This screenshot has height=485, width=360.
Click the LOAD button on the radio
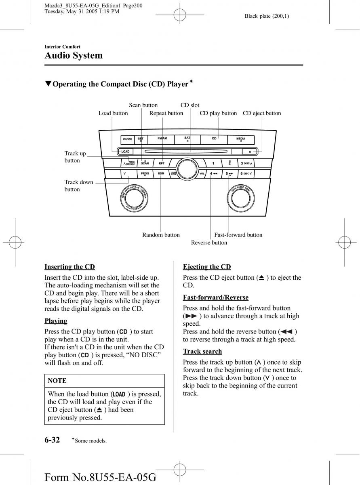pyautogui.click(x=125, y=152)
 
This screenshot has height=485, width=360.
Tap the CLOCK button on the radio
pyautogui.click(x=127, y=139)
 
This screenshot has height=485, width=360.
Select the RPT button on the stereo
pyautogui.click(x=162, y=163)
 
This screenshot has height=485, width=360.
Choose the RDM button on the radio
pyautogui.click(x=161, y=173)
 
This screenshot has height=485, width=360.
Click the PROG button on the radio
pyautogui.click(x=145, y=173)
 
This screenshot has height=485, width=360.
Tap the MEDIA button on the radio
pyautogui.click(x=241, y=139)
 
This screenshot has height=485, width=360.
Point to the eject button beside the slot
pyautogui.click(x=250, y=152)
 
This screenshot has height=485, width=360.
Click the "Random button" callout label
pyautogui.click(x=161, y=235)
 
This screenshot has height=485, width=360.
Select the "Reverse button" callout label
pyautogui.click(x=209, y=242)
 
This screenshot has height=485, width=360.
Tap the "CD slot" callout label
pyautogui.click(x=190, y=105)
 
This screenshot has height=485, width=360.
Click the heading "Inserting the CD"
pyautogui.click(x=69, y=267)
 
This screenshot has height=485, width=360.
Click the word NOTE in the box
pyautogui.click(x=57, y=381)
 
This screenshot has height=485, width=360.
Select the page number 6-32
pyautogui.click(x=53, y=440)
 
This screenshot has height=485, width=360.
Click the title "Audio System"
pyautogui.click(x=74, y=55)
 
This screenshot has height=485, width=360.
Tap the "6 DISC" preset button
pyautogui.click(x=246, y=173)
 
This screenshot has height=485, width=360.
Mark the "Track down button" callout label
pyautogui.click(x=79, y=186)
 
